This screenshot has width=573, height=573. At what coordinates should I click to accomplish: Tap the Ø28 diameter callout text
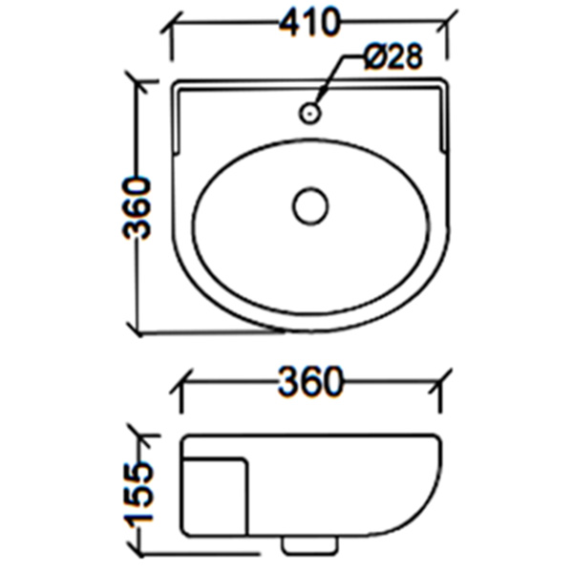[x=393, y=58]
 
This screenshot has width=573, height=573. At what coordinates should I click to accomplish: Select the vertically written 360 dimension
[x=139, y=207]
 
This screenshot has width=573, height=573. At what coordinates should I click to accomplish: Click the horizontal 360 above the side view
[x=309, y=382]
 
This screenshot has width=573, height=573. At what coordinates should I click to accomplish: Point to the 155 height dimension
[x=139, y=494]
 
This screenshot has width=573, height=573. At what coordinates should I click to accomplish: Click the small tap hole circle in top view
[x=309, y=113]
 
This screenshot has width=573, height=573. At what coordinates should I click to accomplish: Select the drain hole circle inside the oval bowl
[x=310, y=206]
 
